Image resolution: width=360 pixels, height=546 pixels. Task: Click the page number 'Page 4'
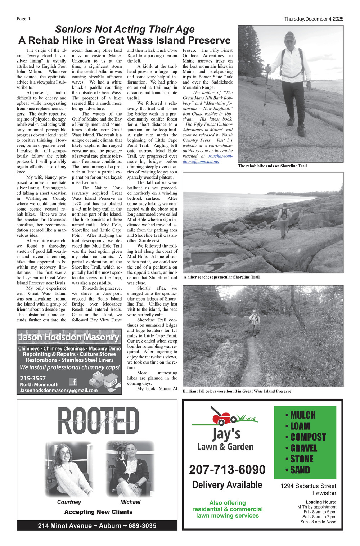coord(23,19)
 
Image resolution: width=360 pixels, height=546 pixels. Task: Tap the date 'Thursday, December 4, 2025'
coord(314,19)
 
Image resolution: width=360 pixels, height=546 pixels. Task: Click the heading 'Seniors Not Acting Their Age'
coord(125,29)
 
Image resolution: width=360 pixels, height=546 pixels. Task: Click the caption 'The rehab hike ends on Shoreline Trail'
coord(272,166)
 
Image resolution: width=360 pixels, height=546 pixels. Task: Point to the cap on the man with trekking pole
coord(289,35)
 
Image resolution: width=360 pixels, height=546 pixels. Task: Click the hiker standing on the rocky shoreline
coord(284,220)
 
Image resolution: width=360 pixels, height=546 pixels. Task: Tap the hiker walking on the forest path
coord(255,321)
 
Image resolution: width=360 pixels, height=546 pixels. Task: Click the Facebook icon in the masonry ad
coord(73,382)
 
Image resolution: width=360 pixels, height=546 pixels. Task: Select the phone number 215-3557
coord(33,378)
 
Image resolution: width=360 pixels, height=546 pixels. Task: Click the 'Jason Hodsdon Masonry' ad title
coord(69,337)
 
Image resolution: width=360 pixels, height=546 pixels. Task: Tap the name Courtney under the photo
coord(69,502)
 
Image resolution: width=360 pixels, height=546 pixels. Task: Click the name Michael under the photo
coord(130,502)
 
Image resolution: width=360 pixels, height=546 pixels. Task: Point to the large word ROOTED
coord(98,421)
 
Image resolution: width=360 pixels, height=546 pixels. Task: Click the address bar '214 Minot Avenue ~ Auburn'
coord(97,526)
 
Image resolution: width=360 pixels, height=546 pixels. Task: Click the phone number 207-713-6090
coord(227,470)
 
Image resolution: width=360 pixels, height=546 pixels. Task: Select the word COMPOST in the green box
coord(308,437)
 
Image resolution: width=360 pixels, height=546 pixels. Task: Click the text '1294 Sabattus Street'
coord(308,486)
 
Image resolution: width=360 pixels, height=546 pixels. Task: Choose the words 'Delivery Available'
coord(227,485)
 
